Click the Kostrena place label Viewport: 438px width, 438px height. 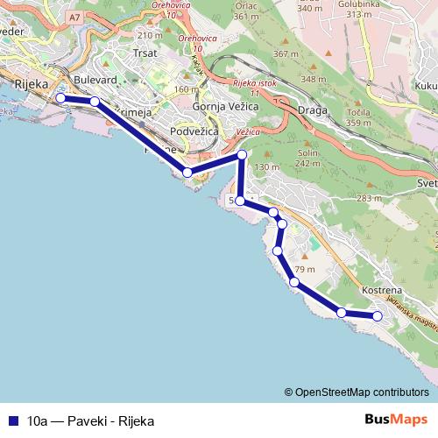(x=381, y=289)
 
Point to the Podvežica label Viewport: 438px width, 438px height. (x=197, y=131)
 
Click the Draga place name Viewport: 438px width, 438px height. (x=314, y=109)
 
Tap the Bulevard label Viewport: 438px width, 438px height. (x=95, y=80)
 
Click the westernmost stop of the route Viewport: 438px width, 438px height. (x=60, y=98)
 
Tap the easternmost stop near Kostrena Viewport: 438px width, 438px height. (x=378, y=316)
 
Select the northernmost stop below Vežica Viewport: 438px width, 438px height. (x=243, y=156)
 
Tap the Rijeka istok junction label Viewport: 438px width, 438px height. (x=255, y=85)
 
